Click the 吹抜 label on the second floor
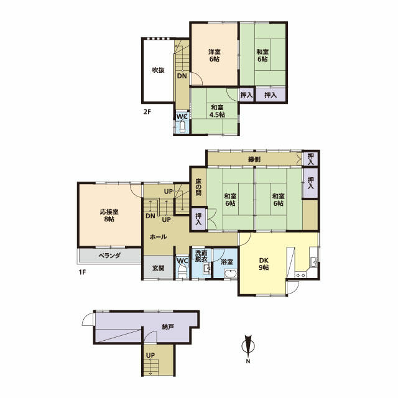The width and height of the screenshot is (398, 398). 158,70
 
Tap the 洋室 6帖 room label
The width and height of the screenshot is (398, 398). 214,55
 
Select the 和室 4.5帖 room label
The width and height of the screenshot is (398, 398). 217,111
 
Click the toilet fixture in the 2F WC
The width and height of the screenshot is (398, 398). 182,127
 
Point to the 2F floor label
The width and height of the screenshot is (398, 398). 147,111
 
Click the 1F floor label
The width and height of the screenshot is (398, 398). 82,272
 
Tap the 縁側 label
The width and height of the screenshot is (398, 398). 254,159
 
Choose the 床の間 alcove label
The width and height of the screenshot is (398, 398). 198,187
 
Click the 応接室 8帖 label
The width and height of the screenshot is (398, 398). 109,215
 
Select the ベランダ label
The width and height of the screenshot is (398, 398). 109,256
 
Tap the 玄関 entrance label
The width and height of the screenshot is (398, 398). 158,268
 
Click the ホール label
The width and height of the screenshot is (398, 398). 158,237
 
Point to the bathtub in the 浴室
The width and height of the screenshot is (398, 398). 231,274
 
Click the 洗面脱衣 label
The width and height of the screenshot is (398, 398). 201,256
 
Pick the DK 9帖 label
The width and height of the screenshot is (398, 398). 264,264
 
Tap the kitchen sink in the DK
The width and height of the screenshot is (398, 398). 313,262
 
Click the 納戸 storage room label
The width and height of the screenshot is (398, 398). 168,326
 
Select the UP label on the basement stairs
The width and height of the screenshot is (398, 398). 150,356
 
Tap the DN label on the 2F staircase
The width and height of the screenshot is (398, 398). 182,76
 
